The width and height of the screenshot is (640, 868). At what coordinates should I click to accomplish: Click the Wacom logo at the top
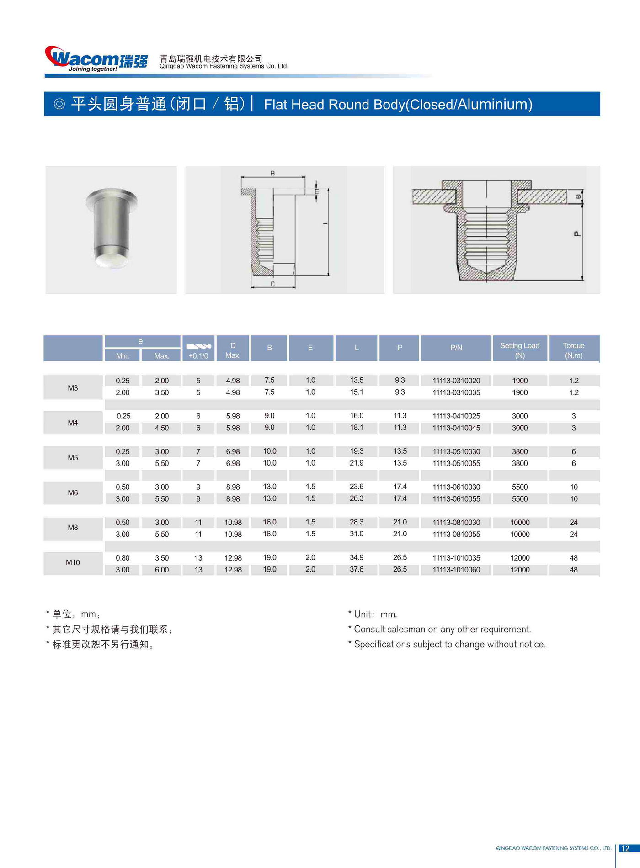(x=96, y=59)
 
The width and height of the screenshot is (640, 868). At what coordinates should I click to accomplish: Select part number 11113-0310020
(x=456, y=381)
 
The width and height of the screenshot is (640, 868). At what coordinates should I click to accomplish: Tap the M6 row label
(x=73, y=492)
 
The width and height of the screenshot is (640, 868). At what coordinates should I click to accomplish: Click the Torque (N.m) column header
(x=574, y=350)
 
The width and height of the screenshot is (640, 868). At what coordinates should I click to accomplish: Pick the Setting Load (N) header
(x=520, y=350)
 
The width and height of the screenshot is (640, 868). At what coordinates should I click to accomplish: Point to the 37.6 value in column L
(x=357, y=569)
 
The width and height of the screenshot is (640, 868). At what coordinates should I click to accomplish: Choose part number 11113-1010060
(x=456, y=570)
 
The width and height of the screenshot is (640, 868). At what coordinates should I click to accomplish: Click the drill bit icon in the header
(x=198, y=346)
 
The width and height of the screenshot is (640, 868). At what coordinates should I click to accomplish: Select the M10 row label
(x=73, y=562)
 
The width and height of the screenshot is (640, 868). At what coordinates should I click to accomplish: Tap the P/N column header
(x=456, y=348)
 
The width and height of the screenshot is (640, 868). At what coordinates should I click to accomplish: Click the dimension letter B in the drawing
(x=272, y=173)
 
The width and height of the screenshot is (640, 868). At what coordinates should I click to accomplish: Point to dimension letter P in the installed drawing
(x=577, y=234)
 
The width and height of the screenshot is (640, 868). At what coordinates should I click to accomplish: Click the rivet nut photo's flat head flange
(x=112, y=197)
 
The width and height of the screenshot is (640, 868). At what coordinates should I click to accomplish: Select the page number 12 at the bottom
(x=625, y=848)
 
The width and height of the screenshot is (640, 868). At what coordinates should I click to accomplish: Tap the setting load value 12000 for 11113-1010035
(x=520, y=558)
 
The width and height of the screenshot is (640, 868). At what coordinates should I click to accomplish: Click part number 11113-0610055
(x=456, y=499)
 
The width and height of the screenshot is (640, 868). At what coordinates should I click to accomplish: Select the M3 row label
(x=73, y=388)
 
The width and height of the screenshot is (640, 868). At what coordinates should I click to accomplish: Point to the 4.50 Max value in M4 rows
(x=161, y=428)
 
